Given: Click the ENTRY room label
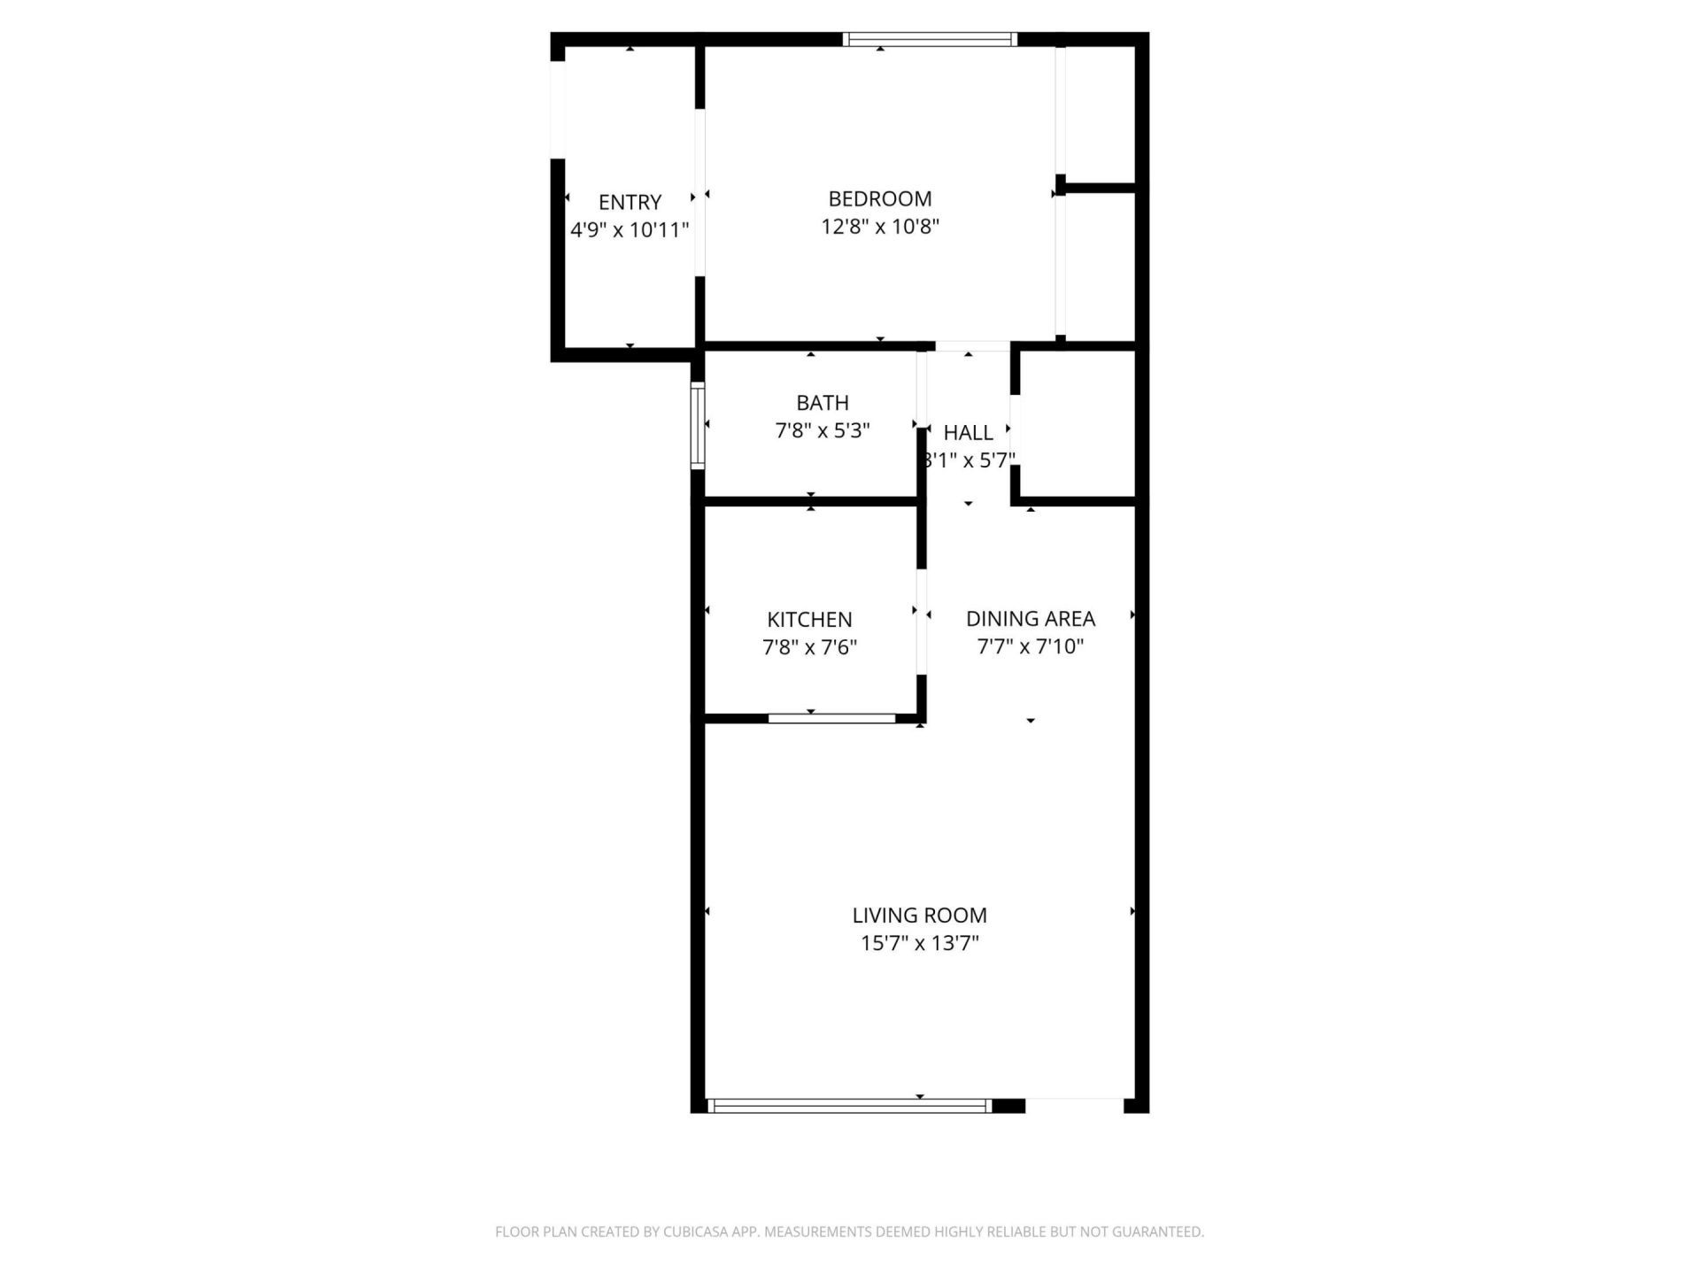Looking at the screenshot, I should pos(630,202).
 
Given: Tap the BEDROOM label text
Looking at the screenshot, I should pos(879,198).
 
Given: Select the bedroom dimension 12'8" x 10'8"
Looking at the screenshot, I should pos(879,227).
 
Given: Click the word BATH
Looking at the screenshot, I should pos(823,403).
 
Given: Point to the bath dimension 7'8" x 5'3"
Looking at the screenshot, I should pos(823,431).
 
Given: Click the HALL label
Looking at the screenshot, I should pos(968,433).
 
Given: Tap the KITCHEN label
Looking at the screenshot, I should pos(809,620).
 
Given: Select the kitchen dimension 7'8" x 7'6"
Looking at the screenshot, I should pos(809,647).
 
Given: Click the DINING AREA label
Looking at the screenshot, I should pos(1030,618).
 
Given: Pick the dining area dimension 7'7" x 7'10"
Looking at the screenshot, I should pos(1030,646).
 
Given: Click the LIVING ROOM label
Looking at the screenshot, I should pos(919,915).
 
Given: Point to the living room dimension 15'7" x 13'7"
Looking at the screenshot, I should pos(919,943).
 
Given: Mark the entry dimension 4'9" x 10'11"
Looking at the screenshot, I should pos(630,230).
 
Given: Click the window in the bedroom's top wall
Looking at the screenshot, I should pos(929,39).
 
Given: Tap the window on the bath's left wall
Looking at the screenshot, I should pos(698,425).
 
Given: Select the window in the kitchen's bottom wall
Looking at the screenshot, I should pos(831,718).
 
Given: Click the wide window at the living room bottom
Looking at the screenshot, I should pos(850,1105).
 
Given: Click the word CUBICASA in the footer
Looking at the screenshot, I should pos(690,1232).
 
